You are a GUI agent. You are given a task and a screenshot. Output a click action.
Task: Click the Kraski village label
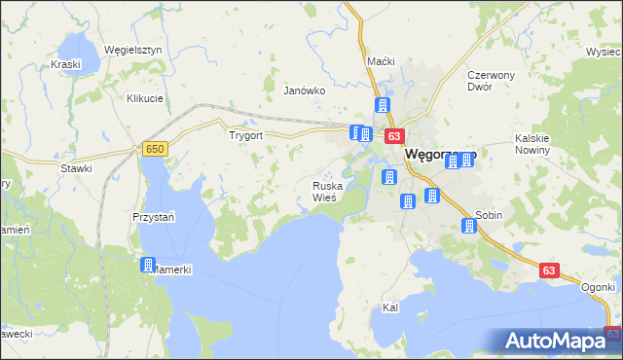point(65,64)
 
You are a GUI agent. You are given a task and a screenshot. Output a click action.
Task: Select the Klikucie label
point(144,98)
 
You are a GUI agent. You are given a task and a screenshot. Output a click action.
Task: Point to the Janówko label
point(303,90)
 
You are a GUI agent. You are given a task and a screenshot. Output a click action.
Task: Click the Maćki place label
point(381,61)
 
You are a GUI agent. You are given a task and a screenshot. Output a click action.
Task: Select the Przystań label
point(153,217)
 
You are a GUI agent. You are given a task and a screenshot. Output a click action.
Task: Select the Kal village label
point(390,307)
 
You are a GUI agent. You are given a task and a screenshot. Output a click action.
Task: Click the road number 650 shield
point(154,149)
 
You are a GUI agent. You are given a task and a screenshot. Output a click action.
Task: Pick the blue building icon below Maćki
point(383,105)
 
